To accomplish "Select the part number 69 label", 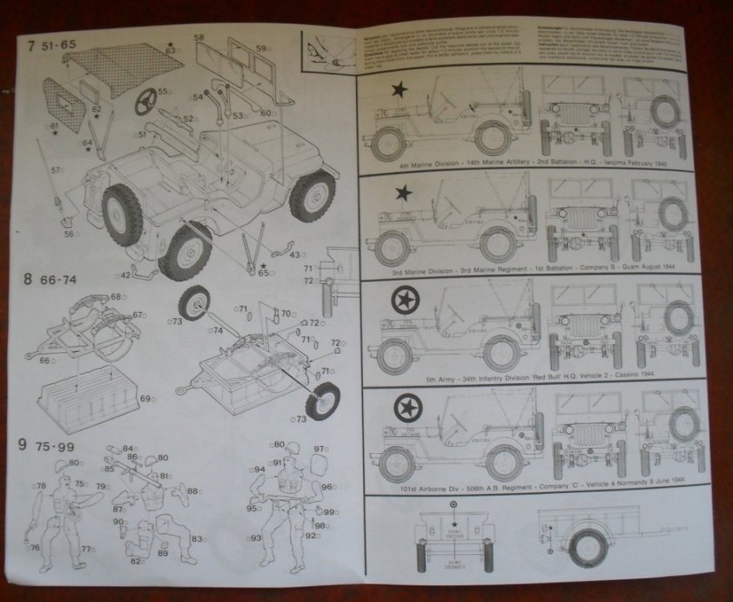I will click(145, 398).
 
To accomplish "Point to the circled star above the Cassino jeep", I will click(404, 301).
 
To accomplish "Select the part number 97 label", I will click(319, 450).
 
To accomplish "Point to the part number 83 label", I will click(198, 540).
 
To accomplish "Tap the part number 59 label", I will click(260, 49).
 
